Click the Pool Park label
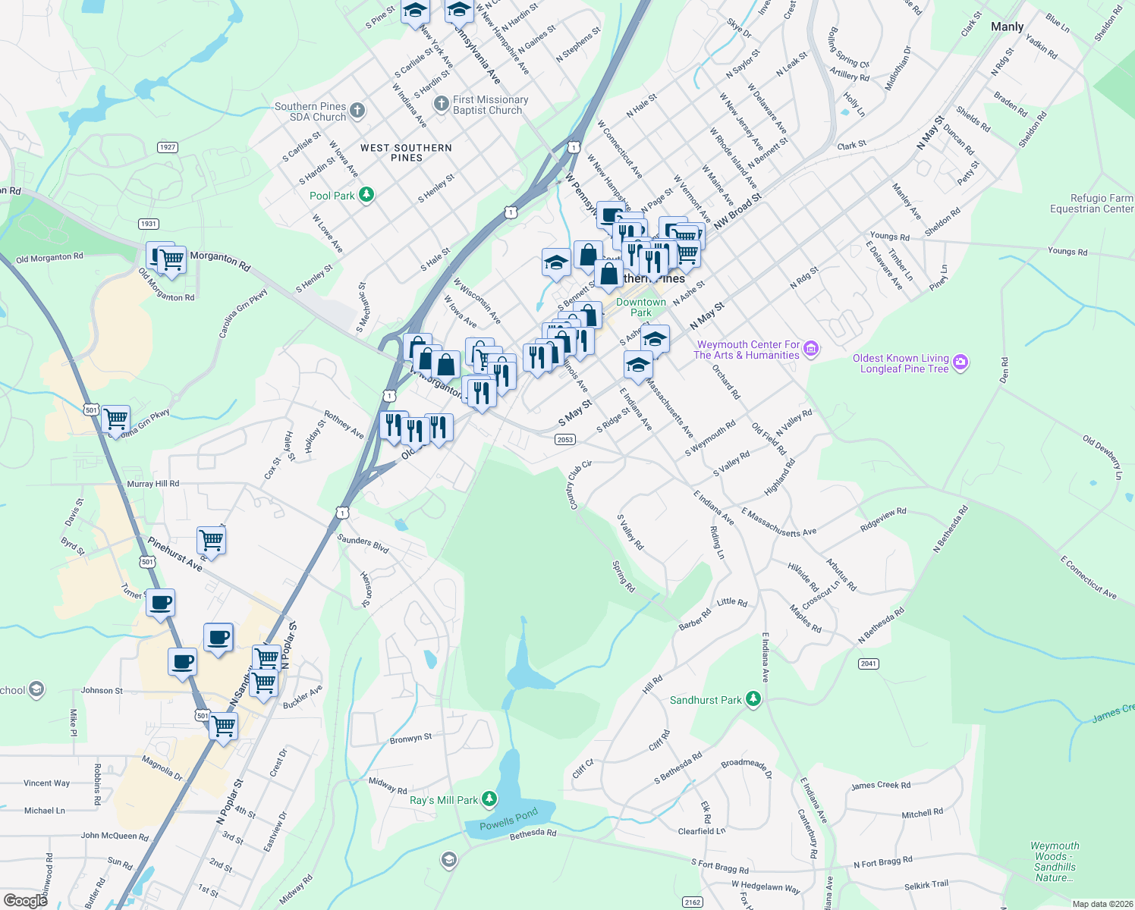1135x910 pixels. [x=332, y=196]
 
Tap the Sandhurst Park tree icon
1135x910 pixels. [x=753, y=699]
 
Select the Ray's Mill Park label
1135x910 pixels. [x=444, y=800]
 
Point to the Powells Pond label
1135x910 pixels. [x=508, y=819]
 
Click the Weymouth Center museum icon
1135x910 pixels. [x=811, y=349]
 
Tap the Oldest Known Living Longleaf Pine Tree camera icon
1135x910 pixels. [x=961, y=362]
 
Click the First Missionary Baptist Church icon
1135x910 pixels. [x=441, y=103]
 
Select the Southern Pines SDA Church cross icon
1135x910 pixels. [x=357, y=111]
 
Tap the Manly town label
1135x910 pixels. [x=1007, y=27]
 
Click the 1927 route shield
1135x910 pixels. [x=168, y=147]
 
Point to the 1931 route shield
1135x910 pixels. [x=149, y=224]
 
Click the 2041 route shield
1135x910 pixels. [x=869, y=664]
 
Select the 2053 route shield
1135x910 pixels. [x=565, y=440]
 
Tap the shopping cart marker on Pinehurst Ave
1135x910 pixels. [x=211, y=541]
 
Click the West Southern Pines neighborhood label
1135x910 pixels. [x=406, y=152]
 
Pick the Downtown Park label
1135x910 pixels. [x=641, y=307]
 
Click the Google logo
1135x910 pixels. [x=26, y=900]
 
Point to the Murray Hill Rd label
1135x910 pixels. [x=153, y=484]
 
